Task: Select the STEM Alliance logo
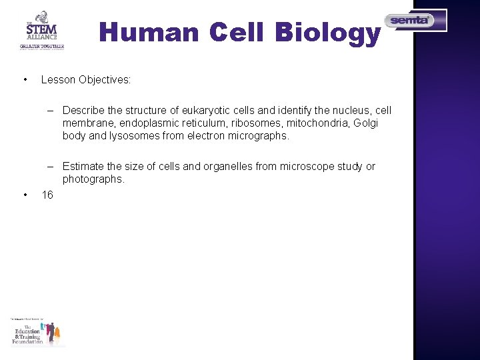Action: [x=41, y=30]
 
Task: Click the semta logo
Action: [x=415, y=21]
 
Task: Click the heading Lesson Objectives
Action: [x=86, y=80]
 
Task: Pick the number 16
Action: [x=47, y=195]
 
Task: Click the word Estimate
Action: [x=85, y=167]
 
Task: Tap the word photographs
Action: [x=93, y=179]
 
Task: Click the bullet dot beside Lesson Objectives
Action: [x=25, y=80]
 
